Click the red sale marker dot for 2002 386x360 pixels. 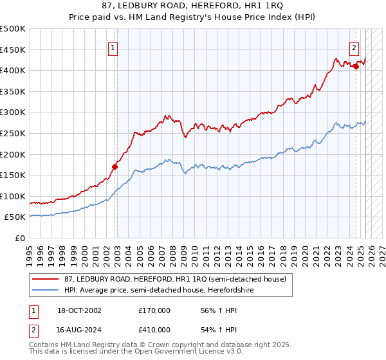(x=115, y=166)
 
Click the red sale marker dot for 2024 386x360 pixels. (x=356, y=66)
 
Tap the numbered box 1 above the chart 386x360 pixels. (x=113, y=47)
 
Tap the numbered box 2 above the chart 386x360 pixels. (x=354, y=47)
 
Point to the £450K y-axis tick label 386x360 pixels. (x=13, y=50)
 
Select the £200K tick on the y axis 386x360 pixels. (x=13, y=154)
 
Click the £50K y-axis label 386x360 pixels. (x=15, y=217)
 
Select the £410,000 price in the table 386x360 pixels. (x=154, y=330)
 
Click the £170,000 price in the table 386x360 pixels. (x=154, y=310)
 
